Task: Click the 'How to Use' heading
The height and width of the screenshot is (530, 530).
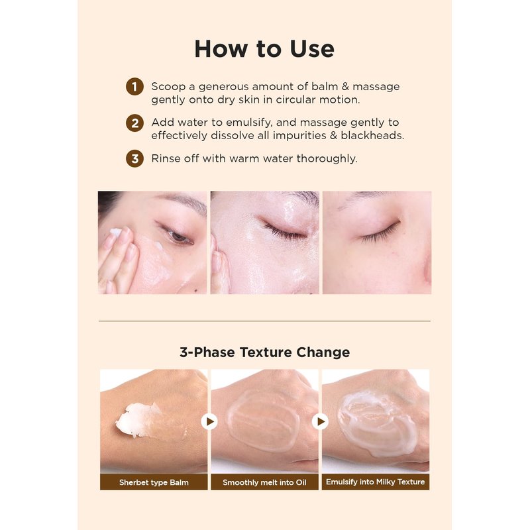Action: (264, 49)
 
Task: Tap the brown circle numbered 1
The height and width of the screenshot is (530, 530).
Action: (134, 87)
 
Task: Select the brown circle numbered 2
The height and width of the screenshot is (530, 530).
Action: (134, 123)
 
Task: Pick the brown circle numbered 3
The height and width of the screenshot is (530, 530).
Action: (134, 158)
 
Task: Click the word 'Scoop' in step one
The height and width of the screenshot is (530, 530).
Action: (168, 87)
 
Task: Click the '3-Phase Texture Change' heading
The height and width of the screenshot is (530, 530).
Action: (264, 352)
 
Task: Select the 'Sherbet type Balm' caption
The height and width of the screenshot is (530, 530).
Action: (154, 482)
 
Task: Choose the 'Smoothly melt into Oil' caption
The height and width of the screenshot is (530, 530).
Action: (264, 482)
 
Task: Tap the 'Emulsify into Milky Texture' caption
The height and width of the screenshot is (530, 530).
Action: (375, 482)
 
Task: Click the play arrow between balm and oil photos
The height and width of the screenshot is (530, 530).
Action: (209, 421)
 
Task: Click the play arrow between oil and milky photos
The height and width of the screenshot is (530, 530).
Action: (320, 421)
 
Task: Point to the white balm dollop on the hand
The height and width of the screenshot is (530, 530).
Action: (137, 419)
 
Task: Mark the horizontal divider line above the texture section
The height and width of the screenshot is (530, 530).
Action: (264, 321)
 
